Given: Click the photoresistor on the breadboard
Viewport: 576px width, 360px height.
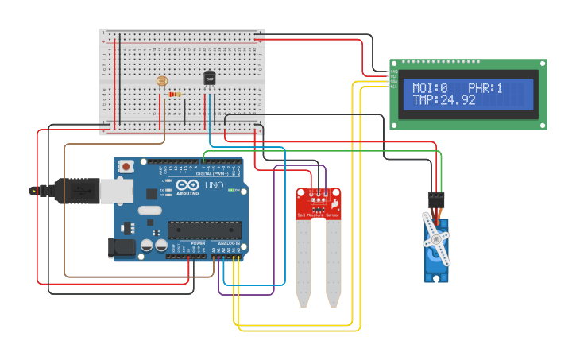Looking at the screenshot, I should [x=163, y=81].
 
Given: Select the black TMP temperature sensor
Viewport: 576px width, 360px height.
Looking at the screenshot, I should [x=210, y=78].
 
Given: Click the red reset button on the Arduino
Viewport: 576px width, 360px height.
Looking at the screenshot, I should [x=126, y=167].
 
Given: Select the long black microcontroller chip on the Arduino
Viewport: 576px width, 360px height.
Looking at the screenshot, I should [x=204, y=230].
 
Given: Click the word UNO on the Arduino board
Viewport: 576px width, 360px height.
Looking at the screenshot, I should [x=215, y=185].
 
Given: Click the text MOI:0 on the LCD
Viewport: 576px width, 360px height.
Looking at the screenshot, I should [x=430, y=88].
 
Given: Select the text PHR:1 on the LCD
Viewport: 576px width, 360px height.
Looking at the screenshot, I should [x=485, y=88].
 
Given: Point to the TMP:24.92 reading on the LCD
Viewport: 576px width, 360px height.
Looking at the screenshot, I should [x=443, y=100].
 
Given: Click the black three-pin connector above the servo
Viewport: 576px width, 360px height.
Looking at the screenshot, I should [x=436, y=199].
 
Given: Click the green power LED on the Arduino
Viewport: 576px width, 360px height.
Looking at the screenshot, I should [x=231, y=191].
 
